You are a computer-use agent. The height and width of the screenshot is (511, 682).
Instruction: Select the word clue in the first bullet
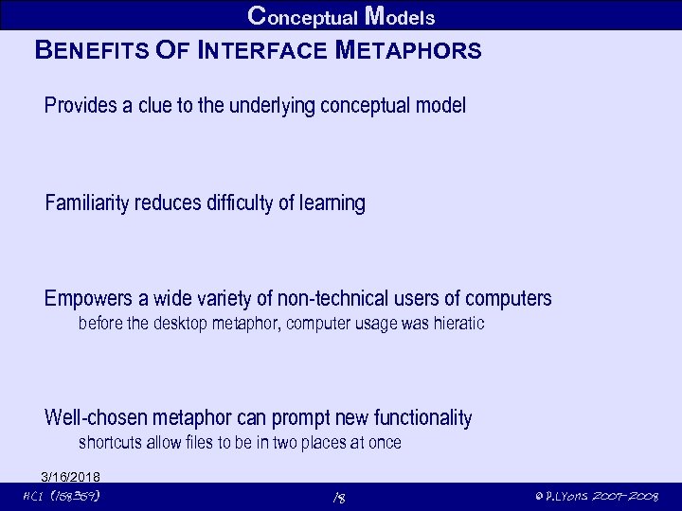tap(153, 106)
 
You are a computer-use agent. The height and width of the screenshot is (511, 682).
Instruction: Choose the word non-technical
tap(332, 300)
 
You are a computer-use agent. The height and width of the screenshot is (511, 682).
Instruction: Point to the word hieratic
tap(456, 324)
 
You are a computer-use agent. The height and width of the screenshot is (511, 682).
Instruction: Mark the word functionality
tap(422, 418)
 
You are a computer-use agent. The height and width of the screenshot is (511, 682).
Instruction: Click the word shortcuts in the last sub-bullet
tap(110, 443)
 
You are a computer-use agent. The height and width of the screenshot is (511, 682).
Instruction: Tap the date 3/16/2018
tap(71, 476)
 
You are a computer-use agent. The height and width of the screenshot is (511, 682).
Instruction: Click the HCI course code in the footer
tap(61, 496)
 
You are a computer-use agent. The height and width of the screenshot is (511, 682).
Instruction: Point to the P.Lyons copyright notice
tap(596, 496)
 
